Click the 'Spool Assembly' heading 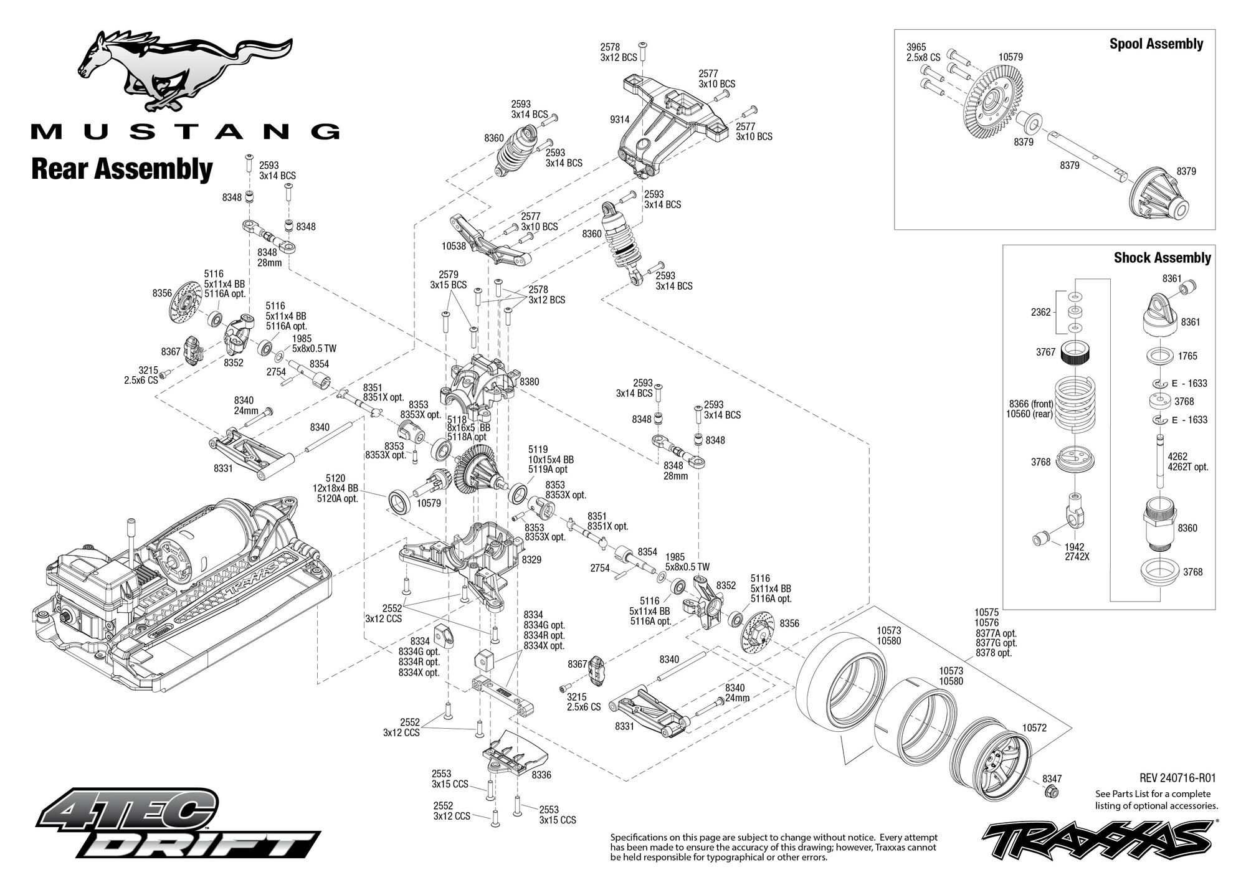click(1156, 44)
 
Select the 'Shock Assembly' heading click(1163, 258)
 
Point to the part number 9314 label click(619, 120)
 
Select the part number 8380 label click(529, 381)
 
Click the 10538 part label click(454, 246)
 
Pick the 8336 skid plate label click(541, 775)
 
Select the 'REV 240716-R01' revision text click(1177, 778)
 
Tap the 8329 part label click(531, 560)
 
